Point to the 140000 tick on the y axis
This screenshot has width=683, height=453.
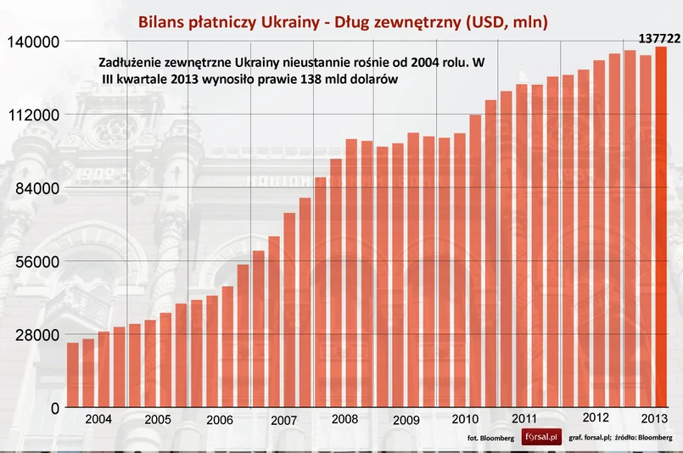coord(31,42)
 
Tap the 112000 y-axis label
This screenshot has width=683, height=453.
coord(31,115)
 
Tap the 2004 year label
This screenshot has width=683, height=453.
coord(98,419)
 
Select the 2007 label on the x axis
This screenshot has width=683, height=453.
coord(283,421)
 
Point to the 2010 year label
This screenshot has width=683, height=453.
coord(465,419)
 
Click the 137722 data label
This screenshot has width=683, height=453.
coord(659,38)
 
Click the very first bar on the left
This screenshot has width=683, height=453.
coord(73,375)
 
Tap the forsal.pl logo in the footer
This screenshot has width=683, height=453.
coord(541,437)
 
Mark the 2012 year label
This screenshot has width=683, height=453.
coord(596,417)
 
